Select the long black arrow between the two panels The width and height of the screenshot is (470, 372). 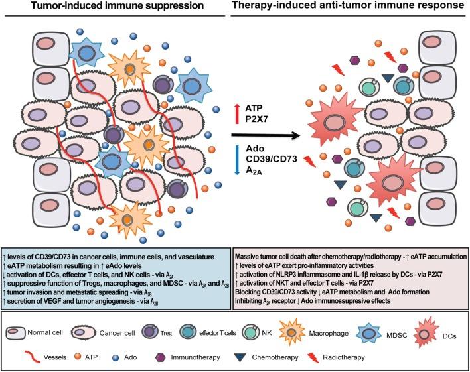(x=266, y=135)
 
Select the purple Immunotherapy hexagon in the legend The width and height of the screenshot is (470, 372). (x=161, y=357)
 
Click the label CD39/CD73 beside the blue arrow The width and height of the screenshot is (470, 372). (x=272, y=159)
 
